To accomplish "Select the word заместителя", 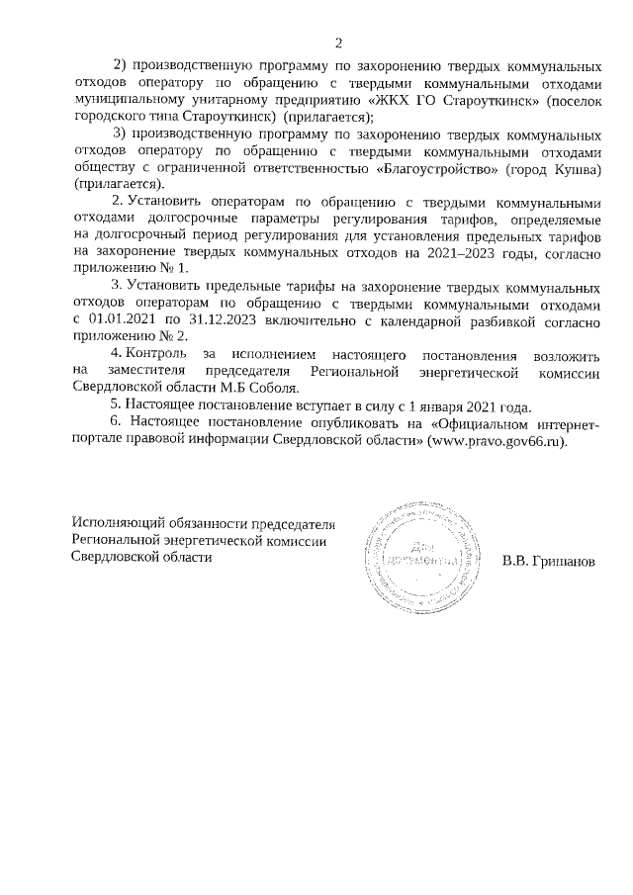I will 140,371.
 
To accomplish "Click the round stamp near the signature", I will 415,557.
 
